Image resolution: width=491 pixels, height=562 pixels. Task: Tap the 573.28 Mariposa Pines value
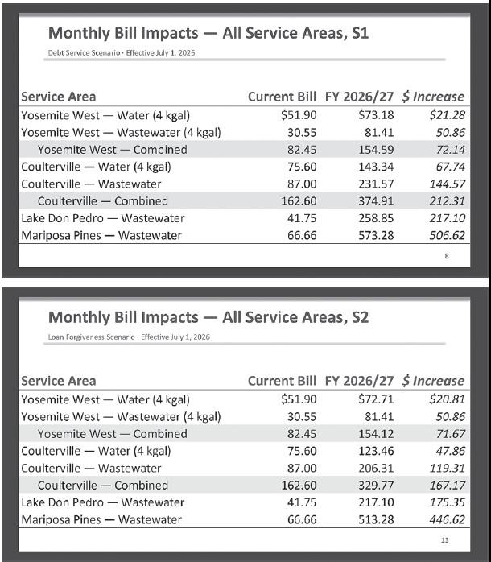click(378, 236)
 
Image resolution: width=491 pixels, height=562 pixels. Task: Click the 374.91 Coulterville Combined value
click(378, 201)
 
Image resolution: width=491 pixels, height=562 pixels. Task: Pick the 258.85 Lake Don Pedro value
click(378, 219)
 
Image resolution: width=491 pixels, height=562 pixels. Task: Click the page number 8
click(447, 256)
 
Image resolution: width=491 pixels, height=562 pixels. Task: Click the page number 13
click(444, 539)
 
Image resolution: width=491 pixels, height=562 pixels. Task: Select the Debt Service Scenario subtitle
click(122, 52)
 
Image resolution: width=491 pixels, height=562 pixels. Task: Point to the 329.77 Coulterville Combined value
click(378, 486)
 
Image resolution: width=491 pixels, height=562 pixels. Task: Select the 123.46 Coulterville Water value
click(378, 451)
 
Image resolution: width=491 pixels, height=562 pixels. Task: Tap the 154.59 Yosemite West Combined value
click(378, 150)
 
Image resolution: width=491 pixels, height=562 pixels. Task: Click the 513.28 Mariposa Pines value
click(378, 520)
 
